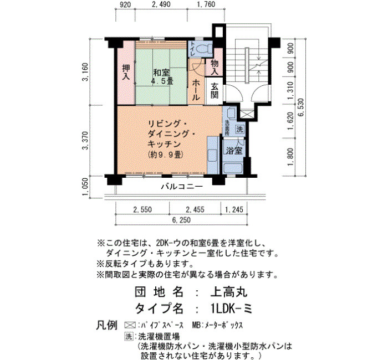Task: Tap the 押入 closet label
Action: (126, 73)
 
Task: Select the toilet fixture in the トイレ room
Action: (205, 49)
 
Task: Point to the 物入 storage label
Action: (215, 68)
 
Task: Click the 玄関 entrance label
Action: (215, 90)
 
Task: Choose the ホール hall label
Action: (196, 90)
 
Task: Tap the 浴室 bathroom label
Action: (234, 150)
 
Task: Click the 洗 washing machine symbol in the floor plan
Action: (239, 129)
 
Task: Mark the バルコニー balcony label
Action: (182, 186)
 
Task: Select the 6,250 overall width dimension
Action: (182, 220)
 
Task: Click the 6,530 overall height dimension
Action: (302, 108)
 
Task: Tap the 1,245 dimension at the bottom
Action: (234, 210)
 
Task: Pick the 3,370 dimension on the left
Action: (85, 141)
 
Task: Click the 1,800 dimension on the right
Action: (291, 157)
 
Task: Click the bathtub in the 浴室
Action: (233, 168)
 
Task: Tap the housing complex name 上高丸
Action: (229, 292)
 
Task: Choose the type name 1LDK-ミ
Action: (231, 308)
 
